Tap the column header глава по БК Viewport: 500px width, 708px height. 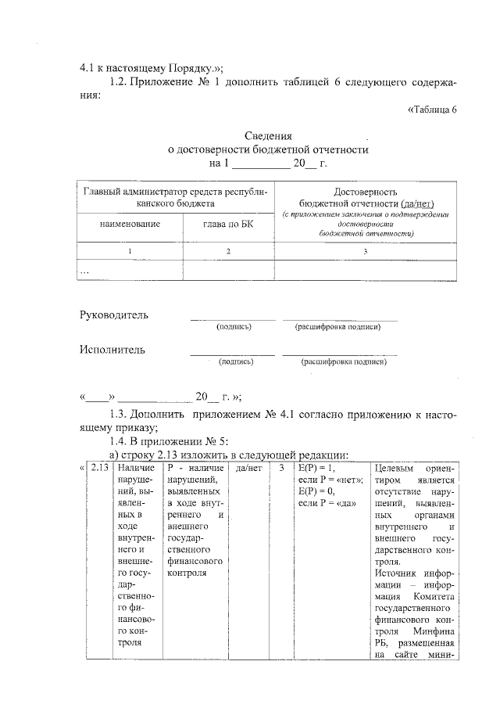coord(227,225)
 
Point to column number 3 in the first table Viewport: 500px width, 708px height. coord(365,251)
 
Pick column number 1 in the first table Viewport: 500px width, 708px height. coord(130,251)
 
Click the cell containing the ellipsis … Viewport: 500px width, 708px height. coord(86,270)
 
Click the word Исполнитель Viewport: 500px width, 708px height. coord(112,350)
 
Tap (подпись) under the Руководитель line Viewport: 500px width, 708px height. coord(233,326)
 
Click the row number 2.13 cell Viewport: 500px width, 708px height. coord(100,468)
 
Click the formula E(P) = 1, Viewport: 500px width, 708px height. coord(316,468)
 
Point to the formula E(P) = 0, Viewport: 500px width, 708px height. coord(316,491)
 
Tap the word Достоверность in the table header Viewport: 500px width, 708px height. coord(366,191)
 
